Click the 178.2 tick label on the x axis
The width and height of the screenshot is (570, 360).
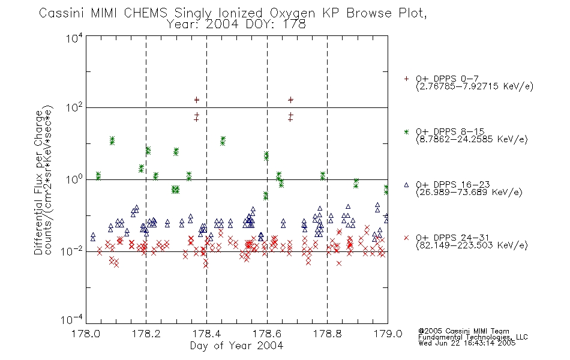pos(146,334)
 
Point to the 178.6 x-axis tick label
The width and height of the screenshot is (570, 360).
pos(267,334)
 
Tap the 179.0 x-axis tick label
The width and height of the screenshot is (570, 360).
pos(388,334)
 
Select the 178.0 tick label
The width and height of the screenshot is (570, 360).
pos(86,334)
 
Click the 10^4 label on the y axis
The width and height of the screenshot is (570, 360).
pos(74,38)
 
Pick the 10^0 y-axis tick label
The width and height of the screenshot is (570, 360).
pos(74,179)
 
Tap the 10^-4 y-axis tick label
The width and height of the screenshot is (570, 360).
pos(72,319)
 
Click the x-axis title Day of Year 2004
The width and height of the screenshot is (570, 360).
pos(236,346)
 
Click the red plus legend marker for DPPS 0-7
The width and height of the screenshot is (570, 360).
pos(406,79)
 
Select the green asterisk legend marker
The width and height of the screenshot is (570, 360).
pos(406,131)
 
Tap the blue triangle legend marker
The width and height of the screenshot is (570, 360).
pos(406,185)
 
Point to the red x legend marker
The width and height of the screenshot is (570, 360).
pos(406,238)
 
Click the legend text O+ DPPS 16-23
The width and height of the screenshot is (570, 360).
pos(453,184)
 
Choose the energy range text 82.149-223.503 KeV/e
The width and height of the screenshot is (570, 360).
pos(472,245)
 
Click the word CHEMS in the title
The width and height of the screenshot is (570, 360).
pos(145,13)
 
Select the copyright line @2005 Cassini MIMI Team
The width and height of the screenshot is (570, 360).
pos(464,331)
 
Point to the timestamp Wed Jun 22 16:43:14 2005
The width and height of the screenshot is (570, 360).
pos(467,343)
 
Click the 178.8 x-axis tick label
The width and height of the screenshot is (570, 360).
pos(327,334)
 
